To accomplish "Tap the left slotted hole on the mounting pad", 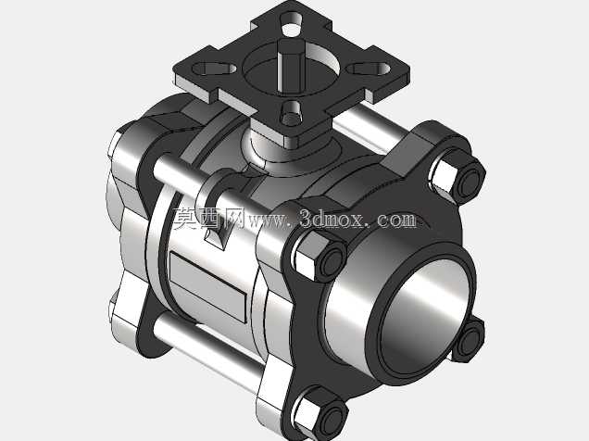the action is tap(214, 69).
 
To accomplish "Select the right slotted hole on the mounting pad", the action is tap(369, 69).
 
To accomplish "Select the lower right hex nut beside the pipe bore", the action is tap(468, 339).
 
